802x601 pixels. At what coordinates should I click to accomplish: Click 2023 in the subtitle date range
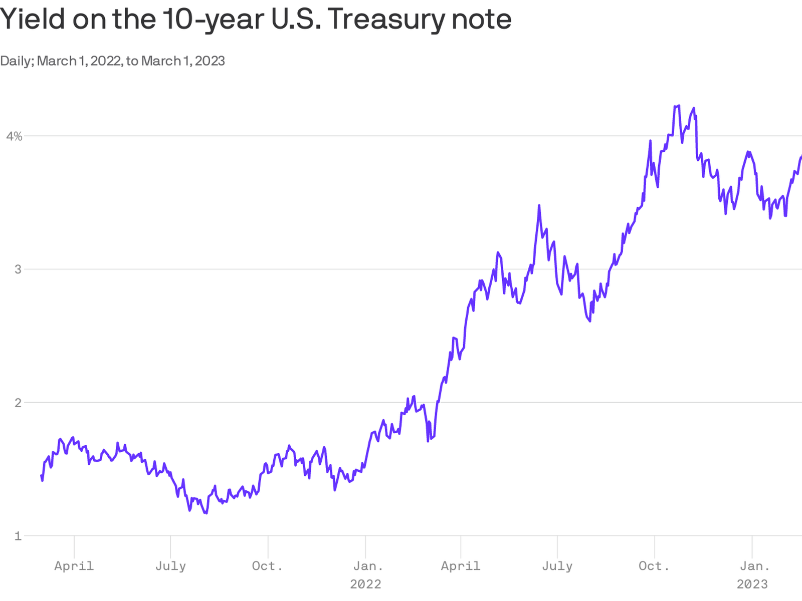[x=210, y=61]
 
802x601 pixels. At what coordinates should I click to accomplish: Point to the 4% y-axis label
[x=14, y=136]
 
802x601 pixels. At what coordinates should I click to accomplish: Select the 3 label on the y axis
[x=19, y=269]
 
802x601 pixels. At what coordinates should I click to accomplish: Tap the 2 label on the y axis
[x=19, y=403]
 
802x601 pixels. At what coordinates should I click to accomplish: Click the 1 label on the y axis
[x=19, y=536]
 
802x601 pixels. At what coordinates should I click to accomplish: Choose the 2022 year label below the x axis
[x=365, y=584]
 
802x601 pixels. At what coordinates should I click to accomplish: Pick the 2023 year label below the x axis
[x=752, y=584]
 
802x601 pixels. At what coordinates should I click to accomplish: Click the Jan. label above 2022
[x=368, y=566]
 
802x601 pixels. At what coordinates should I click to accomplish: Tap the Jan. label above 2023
[x=755, y=566]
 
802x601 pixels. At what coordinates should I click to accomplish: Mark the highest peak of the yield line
[x=679, y=106]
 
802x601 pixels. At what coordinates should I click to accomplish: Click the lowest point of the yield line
[x=206, y=513]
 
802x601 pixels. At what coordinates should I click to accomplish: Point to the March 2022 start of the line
[x=42, y=476]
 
